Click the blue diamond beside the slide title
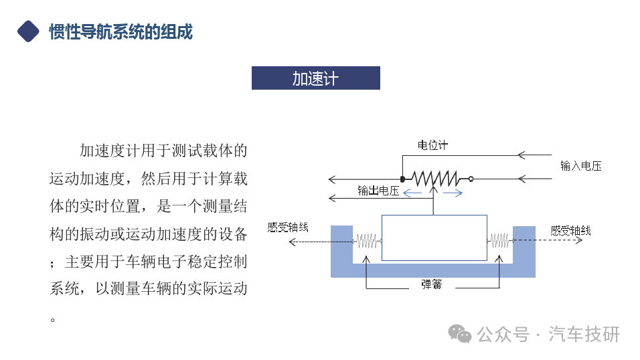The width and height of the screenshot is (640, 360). pos(28,31)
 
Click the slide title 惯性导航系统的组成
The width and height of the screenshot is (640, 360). pos(121,32)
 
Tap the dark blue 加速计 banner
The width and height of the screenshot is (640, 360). pos(315,78)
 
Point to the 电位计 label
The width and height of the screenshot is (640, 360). pos(432,145)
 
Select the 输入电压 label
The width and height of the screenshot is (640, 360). pos(581,166)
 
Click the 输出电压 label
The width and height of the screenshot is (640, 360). pos(378,191)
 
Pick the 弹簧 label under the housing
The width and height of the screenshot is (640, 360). pos(431,284)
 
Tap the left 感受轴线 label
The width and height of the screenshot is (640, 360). pos(288,228)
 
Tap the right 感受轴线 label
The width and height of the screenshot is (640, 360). pos(570,231)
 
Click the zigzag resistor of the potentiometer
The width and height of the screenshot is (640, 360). pos(436,179)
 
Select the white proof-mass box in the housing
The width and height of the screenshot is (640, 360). pos(434,238)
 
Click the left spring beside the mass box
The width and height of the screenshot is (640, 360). pos(367,241)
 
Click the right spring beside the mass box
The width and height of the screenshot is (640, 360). pos(499,241)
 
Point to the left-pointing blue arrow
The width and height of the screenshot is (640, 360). pos(412,193)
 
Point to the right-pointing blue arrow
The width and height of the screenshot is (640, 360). pos(453,193)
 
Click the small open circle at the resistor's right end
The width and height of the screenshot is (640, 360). pos(471,179)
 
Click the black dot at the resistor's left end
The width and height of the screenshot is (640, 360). pos(402,179)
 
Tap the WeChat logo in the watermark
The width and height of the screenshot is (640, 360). pos(460,334)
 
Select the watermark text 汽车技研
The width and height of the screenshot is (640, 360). pos(584,335)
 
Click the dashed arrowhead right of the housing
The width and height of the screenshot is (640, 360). pos(579,240)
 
